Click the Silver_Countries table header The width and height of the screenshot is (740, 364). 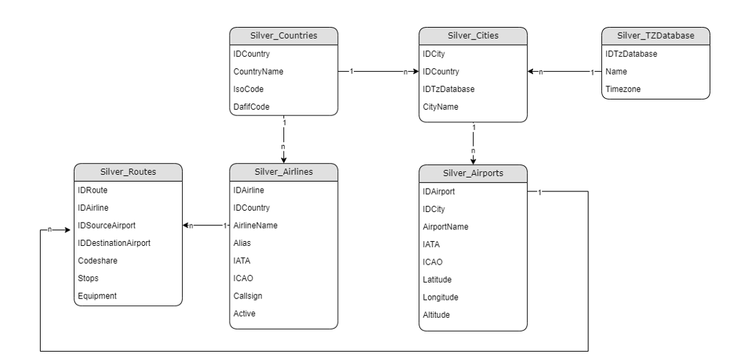pyautogui.click(x=283, y=36)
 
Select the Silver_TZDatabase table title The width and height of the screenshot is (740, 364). pyautogui.click(x=656, y=36)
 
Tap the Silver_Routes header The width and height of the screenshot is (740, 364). pyautogui.click(x=128, y=172)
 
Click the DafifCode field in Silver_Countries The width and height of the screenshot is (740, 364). pyautogui.click(x=251, y=107)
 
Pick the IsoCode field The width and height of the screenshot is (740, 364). pyautogui.click(x=248, y=89)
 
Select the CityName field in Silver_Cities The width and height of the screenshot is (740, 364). pyautogui.click(x=440, y=107)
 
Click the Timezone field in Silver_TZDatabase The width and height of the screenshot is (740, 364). pyautogui.click(x=623, y=89)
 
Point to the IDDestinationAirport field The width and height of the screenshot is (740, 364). pyautogui.click(x=114, y=243)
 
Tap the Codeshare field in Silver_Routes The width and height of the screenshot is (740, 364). pyautogui.click(x=98, y=261)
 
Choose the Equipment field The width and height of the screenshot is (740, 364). pyautogui.click(x=97, y=296)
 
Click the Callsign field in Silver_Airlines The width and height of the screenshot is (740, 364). pyautogui.click(x=248, y=296)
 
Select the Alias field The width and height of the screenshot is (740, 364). pyautogui.click(x=242, y=243)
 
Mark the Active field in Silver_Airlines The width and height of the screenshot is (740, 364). pyautogui.click(x=244, y=314)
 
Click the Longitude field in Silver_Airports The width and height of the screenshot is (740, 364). pyautogui.click(x=440, y=297)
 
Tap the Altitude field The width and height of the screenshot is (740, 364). pyautogui.click(x=436, y=315)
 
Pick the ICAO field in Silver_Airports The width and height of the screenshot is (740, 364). pyautogui.click(x=433, y=262)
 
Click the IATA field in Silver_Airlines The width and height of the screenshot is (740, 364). pyautogui.click(x=241, y=261)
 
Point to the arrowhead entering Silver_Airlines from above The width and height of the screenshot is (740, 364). pyautogui.click(x=283, y=160)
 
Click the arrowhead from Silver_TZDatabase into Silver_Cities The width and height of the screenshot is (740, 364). pyautogui.click(x=530, y=72)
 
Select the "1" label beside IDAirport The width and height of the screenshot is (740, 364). pyautogui.click(x=540, y=192)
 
